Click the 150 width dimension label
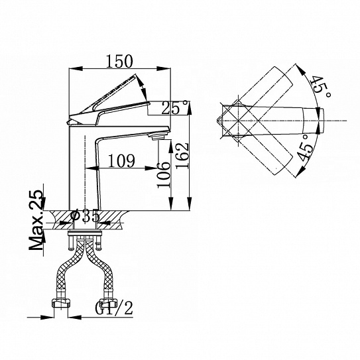(119, 61)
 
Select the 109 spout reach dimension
(122, 161)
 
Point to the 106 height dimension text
(164, 175)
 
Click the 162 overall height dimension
(182, 156)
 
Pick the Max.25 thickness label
(36, 220)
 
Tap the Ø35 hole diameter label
(86, 217)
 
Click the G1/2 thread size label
(114, 308)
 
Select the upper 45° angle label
(321, 87)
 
